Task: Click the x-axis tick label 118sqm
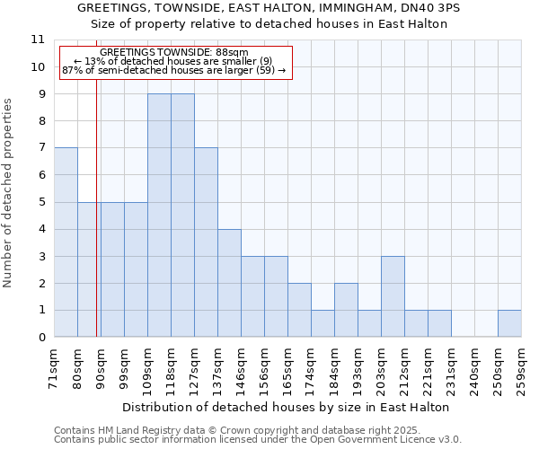pyautogui.click(x=171, y=366)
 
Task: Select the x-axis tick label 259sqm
pyautogui.click(x=521, y=366)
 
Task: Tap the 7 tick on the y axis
pyautogui.click(x=40, y=148)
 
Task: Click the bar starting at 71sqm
pyautogui.click(x=66, y=242)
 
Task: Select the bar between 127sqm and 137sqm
pyautogui.click(x=206, y=242)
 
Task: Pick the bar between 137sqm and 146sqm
pyautogui.click(x=229, y=283)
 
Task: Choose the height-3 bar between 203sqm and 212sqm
pyautogui.click(x=393, y=296)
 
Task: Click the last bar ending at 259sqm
pyautogui.click(x=509, y=323)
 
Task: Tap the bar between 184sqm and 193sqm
pyautogui.click(x=346, y=310)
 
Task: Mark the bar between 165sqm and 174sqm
pyautogui.click(x=299, y=310)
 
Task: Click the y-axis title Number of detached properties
pyautogui.click(x=9, y=194)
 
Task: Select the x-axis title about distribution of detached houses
pyautogui.click(x=285, y=407)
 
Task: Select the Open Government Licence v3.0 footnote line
pyautogui.click(x=258, y=440)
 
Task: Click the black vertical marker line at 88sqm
pyautogui.click(x=96, y=224)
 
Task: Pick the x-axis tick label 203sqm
pyautogui.click(x=381, y=366)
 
